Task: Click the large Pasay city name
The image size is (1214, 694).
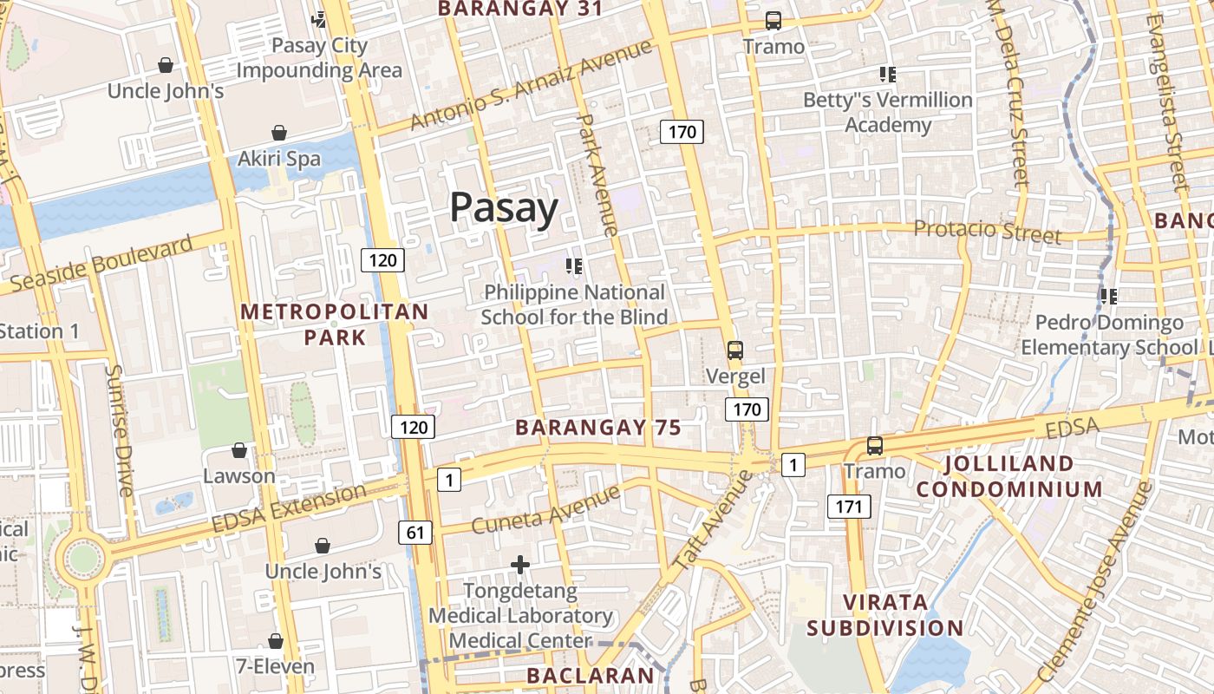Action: (x=504, y=209)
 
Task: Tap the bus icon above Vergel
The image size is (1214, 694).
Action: (x=735, y=350)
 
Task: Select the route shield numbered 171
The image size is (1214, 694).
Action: (x=848, y=507)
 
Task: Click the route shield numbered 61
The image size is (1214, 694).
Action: (x=415, y=532)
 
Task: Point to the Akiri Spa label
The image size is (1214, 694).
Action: (x=279, y=159)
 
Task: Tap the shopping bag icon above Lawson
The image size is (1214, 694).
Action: (x=239, y=450)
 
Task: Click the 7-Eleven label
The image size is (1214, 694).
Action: (x=275, y=666)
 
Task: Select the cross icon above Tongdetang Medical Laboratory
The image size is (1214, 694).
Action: (x=520, y=566)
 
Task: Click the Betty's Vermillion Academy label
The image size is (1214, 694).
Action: (x=888, y=113)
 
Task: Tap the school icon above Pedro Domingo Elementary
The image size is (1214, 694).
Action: (x=1108, y=297)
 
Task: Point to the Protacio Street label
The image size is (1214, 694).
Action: (x=988, y=232)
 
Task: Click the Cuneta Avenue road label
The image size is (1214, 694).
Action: (x=545, y=510)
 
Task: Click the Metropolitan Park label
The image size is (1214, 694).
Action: (x=334, y=324)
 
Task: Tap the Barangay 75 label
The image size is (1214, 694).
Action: (x=597, y=428)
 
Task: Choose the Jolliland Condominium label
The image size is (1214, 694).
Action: (x=1009, y=476)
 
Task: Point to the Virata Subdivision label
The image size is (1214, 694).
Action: (x=884, y=614)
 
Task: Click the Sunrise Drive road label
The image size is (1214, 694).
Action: (x=118, y=430)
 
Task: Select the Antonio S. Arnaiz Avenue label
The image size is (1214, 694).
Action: (x=530, y=86)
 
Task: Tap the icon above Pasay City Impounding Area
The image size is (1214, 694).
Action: (x=319, y=19)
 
